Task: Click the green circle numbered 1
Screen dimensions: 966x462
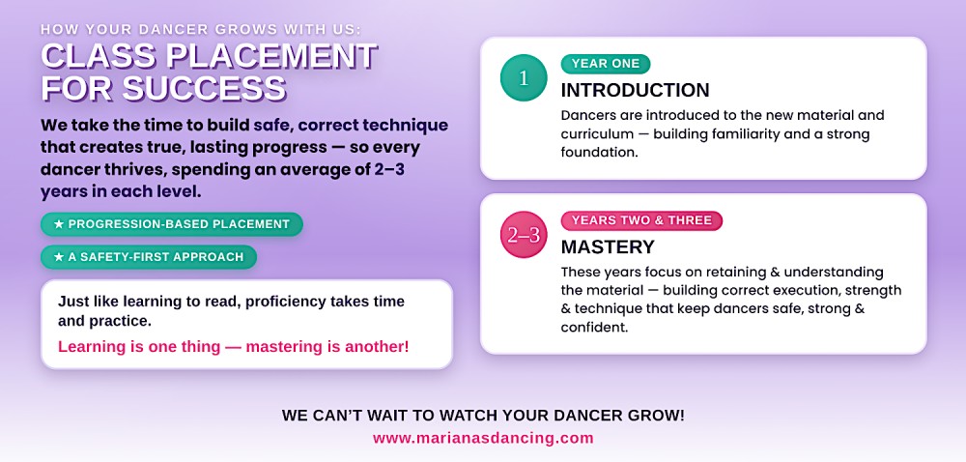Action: click(x=524, y=77)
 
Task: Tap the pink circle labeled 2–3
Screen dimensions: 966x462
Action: click(x=524, y=235)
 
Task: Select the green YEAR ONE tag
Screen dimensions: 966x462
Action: click(x=606, y=64)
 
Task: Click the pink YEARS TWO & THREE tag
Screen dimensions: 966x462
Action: click(x=641, y=220)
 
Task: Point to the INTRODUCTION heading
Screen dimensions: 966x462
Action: click(x=636, y=91)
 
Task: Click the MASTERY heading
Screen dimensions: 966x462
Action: click(x=608, y=247)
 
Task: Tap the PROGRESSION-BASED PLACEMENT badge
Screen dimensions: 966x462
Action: click(x=172, y=224)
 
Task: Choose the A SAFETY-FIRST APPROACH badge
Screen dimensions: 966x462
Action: click(x=149, y=257)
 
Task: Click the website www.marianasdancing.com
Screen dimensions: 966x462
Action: click(x=483, y=438)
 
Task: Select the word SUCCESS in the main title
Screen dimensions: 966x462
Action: click(x=204, y=88)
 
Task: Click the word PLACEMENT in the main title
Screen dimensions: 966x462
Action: click(x=271, y=56)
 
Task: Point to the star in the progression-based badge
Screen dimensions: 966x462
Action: click(x=59, y=224)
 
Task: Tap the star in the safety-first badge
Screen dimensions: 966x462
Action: click(x=59, y=257)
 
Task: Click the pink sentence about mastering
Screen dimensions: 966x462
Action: click(x=234, y=347)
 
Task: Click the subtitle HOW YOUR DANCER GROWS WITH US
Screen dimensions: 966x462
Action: click(x=201, y=29)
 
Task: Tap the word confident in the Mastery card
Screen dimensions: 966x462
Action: click(x=594, y=327)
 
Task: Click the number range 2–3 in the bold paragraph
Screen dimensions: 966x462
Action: click(x=389, y=169)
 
